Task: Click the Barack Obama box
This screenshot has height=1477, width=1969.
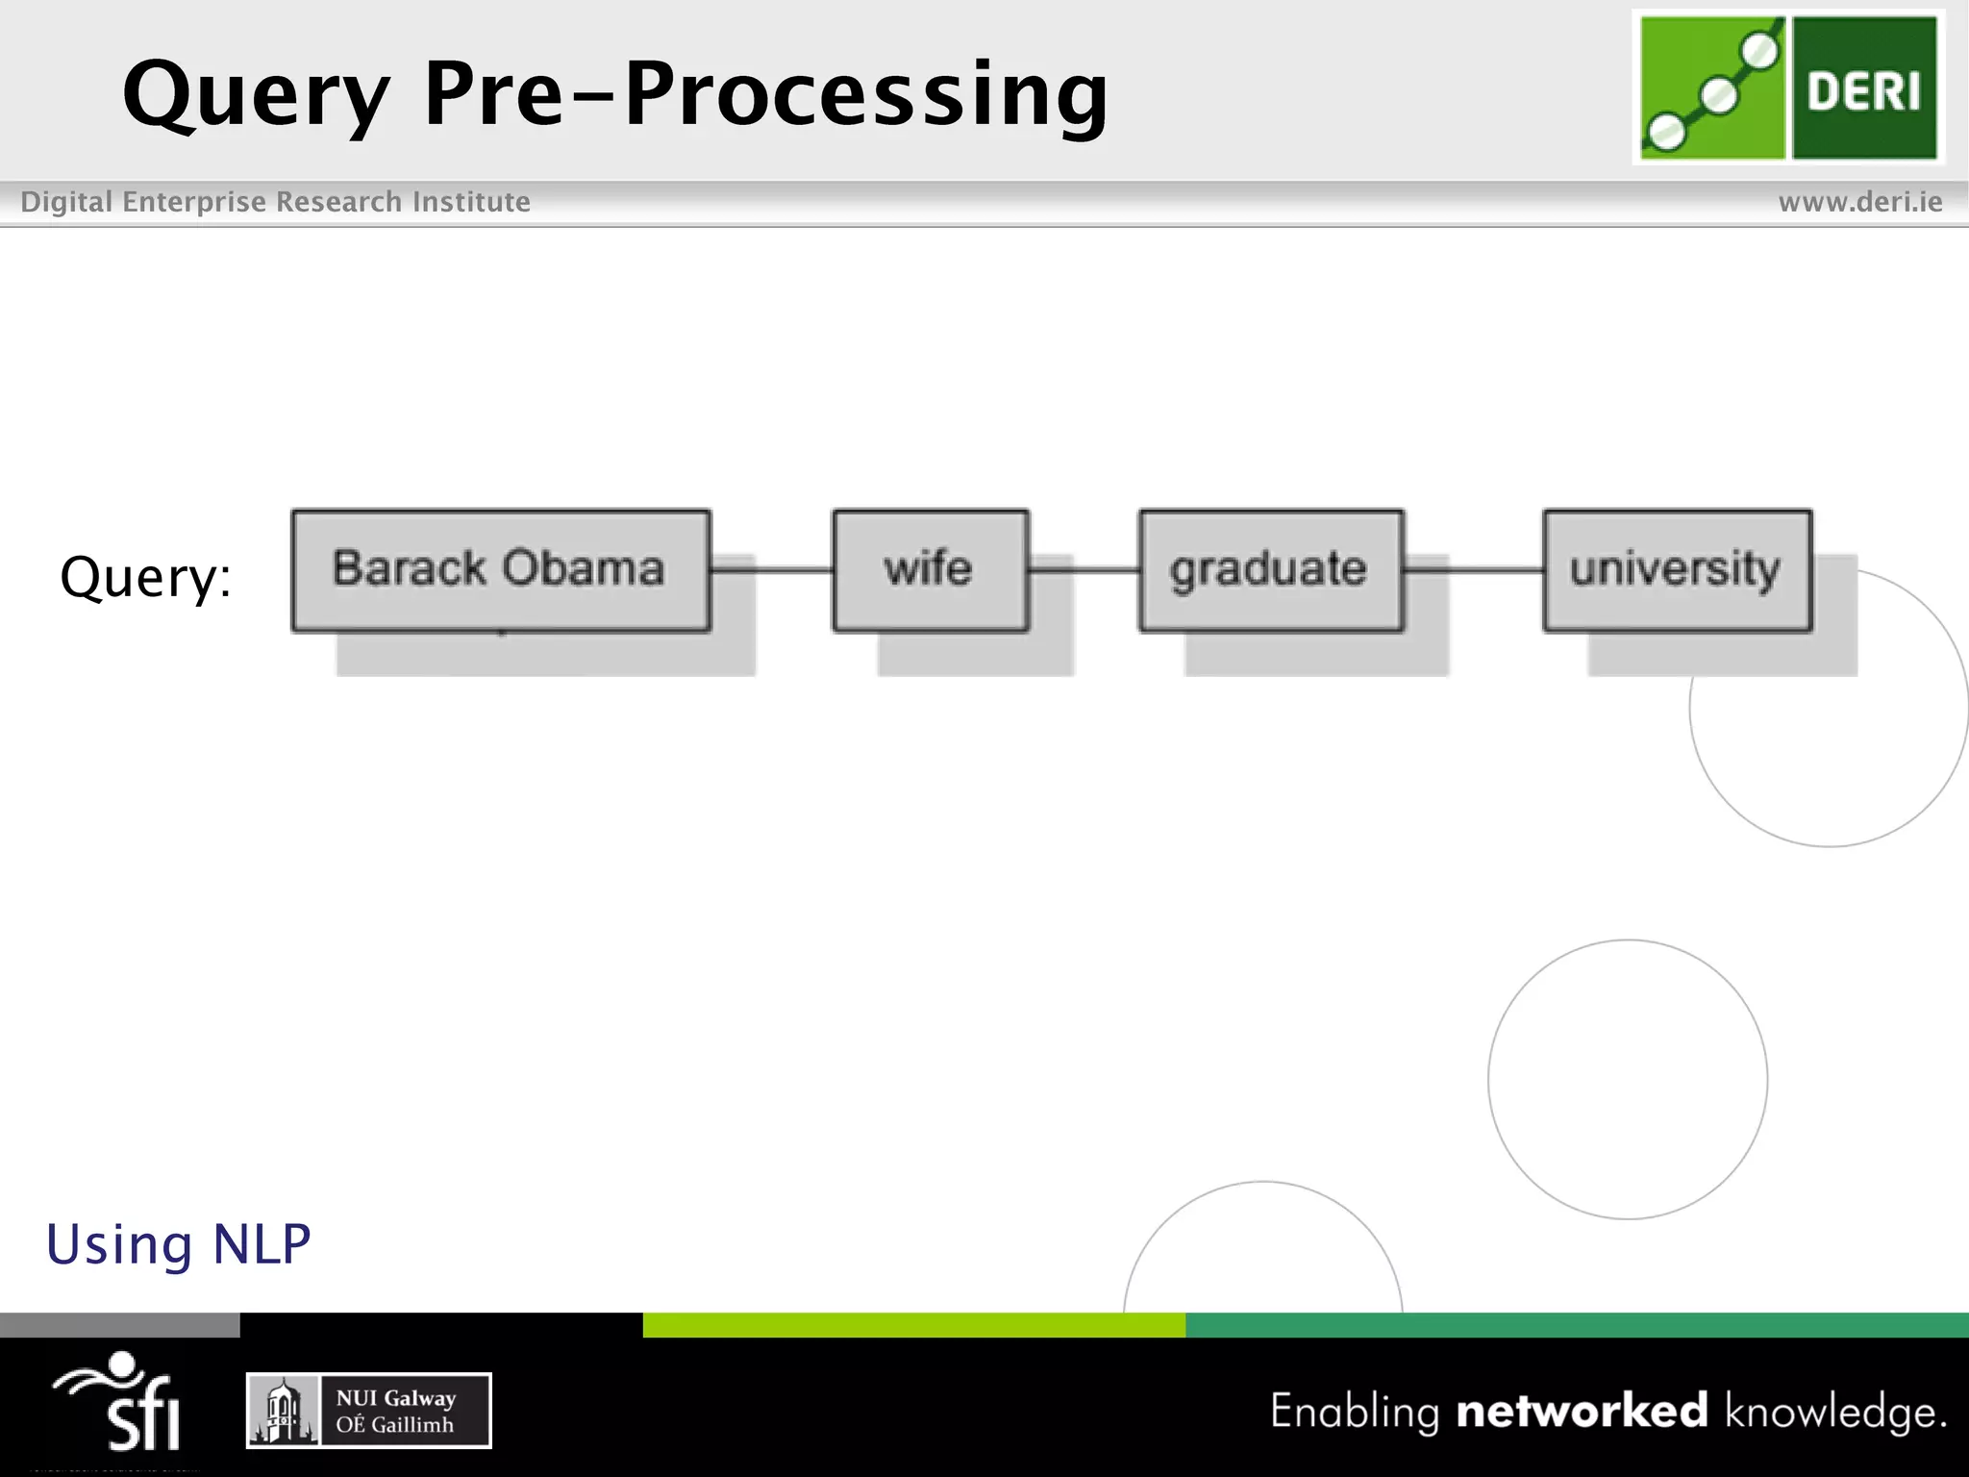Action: pos(500,569)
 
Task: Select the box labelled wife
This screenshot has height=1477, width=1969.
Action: pos(930,569)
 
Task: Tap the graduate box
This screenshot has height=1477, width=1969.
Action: pos(1270,569)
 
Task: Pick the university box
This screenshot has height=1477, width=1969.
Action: pos(1677,569)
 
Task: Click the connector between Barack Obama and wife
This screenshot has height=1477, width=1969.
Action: pos(772,569)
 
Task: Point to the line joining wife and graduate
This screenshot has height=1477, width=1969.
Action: pos(1084,569)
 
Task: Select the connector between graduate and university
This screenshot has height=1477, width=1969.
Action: pos(1474,569)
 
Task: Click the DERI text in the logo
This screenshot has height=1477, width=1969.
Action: pos(1863,91)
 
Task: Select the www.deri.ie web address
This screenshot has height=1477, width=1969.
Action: pos(1859,202)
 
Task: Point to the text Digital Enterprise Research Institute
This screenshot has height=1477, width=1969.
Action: pos(275,202)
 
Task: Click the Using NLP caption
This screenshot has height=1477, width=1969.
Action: pos(179,1244)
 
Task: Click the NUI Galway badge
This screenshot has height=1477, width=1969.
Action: pos(369,1411)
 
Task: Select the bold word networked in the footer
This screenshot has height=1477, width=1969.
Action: pos(1582,1411)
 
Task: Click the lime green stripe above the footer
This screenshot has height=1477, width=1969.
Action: pos(913,1325)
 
